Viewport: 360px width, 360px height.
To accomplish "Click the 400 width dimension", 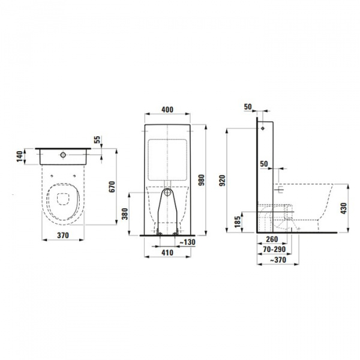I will point(168,110).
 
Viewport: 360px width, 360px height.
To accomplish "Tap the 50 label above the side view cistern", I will point(248,107).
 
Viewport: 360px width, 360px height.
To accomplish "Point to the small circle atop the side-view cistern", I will point(262,128).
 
